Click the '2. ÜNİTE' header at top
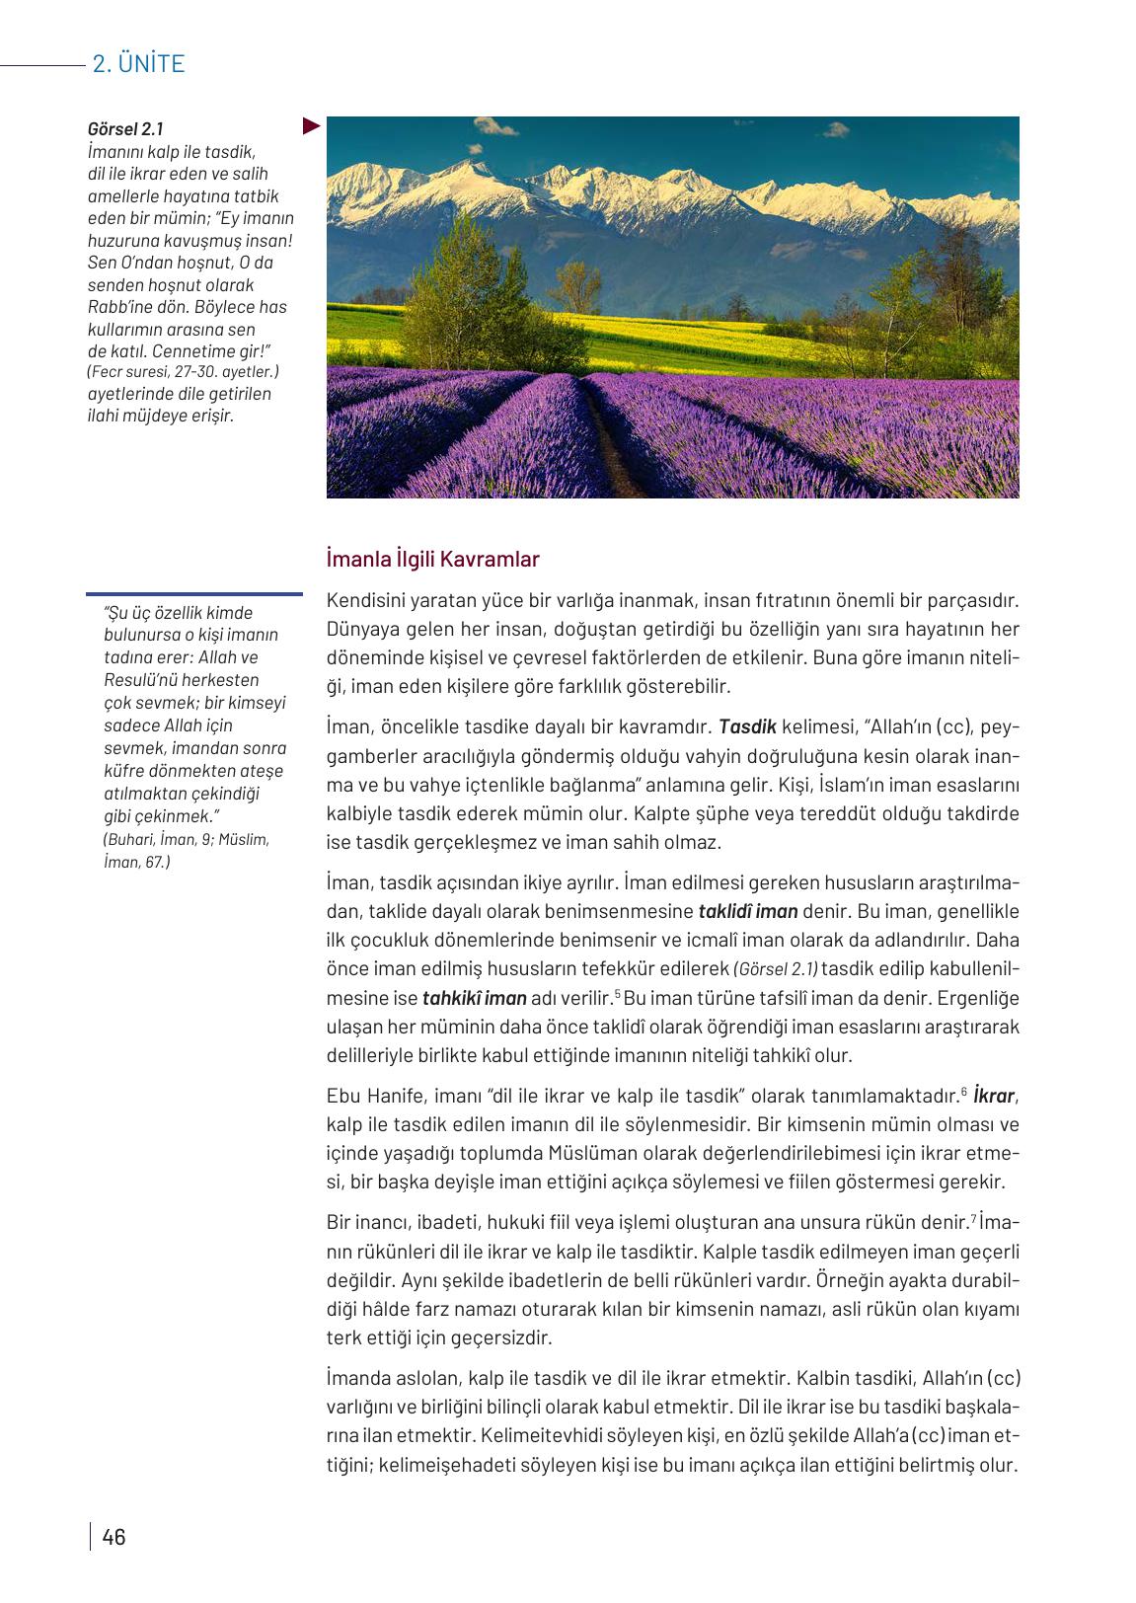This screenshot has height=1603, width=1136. click(x=138, y=64)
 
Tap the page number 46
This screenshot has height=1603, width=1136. click(x=114, y=1537)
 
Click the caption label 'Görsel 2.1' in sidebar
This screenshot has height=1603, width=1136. click(x=125, y=129)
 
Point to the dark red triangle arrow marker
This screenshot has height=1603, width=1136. click(x=311, y=125)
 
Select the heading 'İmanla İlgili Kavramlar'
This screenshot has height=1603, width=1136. click(x=433, y=560)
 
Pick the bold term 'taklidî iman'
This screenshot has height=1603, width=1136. click(x=748, y=911)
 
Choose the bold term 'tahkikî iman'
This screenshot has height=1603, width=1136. click(x=474, y=998)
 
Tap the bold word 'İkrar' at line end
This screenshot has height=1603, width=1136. click(x=994, y=1096)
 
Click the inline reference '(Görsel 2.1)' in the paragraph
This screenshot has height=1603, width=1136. click(x=776, y=969)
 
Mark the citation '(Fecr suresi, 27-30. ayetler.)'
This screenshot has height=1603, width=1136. click(x=184, y=372)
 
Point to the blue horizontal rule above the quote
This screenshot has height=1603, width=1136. click(x=194, y=594)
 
